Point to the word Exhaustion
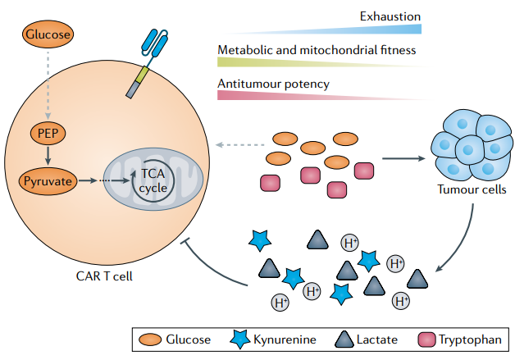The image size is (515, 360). [390, 16]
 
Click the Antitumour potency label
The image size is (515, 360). [273, 83]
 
